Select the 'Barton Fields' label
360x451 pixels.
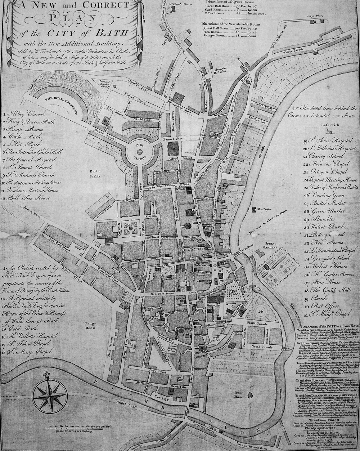(95, 175)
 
